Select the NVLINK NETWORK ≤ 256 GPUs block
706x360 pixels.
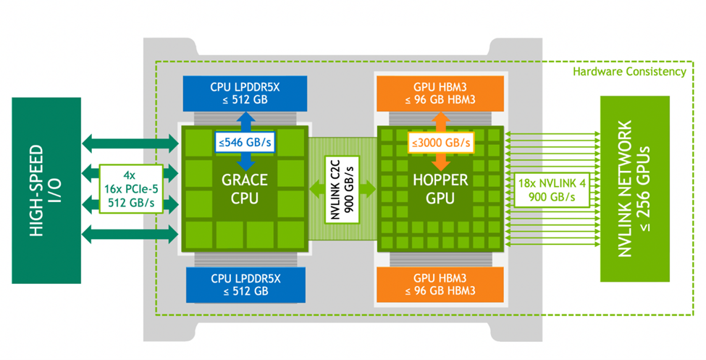point(634,190)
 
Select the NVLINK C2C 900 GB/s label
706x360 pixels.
point(343,190)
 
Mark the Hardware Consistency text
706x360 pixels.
point(629,72)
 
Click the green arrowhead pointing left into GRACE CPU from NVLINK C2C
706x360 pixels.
point(316,190)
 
